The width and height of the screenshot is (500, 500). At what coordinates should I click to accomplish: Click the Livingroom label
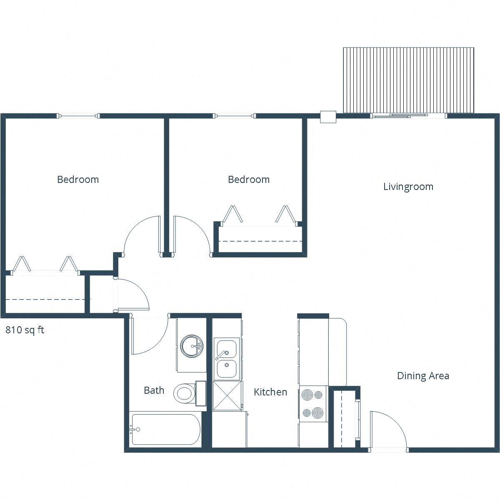[x=408, y=187]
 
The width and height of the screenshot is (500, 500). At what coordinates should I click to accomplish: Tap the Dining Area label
[x=423, y=376]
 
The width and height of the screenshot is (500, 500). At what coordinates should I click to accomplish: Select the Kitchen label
[x=270, y=392]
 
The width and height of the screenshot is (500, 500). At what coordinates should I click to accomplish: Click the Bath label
[x=154, y=390]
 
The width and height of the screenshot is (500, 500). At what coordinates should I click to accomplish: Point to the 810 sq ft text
[x=25, y=330]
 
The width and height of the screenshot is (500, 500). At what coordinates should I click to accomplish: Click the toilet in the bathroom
[x=185, y=393]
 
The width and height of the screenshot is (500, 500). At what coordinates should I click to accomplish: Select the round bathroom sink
[x=191, y=345]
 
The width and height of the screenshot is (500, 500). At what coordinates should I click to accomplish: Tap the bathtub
[x=165, y=430]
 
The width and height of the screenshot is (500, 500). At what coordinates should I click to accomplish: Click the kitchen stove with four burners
[x=313, y=403]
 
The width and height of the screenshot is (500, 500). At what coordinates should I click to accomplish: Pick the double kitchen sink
[x=226, y=358]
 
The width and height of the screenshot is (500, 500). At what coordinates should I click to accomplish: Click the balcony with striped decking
[x=408, y=80]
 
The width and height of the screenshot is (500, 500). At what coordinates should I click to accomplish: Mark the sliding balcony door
[x=408, y=115]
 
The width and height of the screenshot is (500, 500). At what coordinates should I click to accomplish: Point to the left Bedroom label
[x=78, y=180]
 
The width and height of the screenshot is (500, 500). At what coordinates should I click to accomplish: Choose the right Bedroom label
[x=249, y=180]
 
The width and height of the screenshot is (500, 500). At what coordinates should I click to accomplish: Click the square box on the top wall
[x=328, y=117]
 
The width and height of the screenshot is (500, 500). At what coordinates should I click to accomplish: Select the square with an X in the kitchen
[x=227, y=395]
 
